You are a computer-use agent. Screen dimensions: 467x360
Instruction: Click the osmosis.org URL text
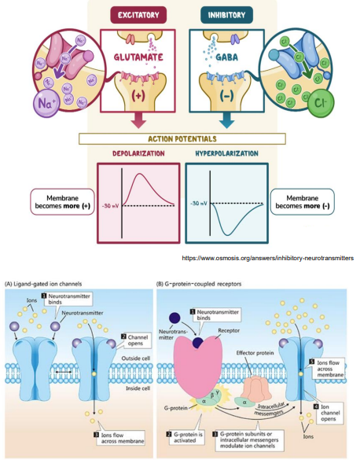pyautogui.click(x=267, y=257)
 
